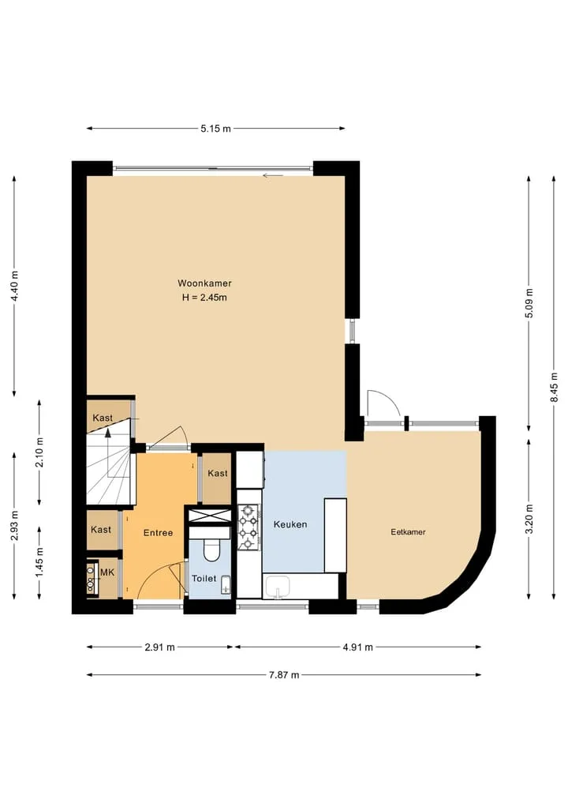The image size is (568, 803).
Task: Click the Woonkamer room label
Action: tap(204, 283)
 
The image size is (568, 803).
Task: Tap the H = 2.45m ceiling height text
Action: tap(204, 298)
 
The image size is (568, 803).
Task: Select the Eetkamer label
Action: tap(409, 532)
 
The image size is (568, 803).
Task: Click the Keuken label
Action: tap(290, 524)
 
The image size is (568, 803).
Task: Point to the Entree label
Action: tap(158, 533)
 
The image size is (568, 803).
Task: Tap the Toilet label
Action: tap(204, 578)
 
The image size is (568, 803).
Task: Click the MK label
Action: tap(107, 572)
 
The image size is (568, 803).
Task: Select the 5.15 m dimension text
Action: tap(215, 129)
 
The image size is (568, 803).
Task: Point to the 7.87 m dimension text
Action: tap(284, 675)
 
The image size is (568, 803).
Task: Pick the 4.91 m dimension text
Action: tap(357, 647)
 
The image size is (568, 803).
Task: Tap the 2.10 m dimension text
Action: tap(40, 452)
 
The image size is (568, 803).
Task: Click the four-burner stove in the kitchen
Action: tap(249, 527)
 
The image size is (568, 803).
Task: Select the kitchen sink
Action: tap(277, 587)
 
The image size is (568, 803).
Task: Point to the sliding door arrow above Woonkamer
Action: tap(273, 176)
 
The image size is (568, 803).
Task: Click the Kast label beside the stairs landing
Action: tap(103, 418)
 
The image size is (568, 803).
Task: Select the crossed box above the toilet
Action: tap(210, 516)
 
